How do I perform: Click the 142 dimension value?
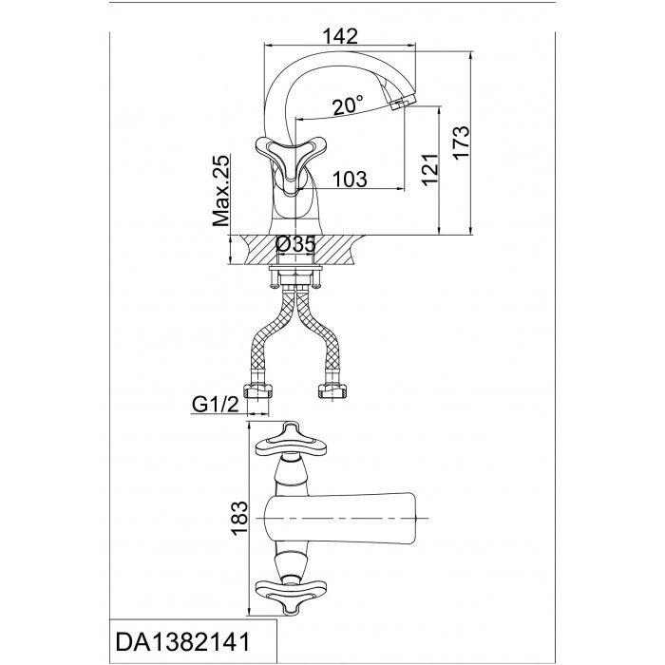340,36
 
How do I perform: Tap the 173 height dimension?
462,142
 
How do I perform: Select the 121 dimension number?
430,169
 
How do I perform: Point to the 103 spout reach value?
350,179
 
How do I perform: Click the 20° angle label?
348,105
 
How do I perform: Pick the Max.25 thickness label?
220,190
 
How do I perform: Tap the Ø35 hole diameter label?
295,245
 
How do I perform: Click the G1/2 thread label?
215,405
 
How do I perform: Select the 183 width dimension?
239,519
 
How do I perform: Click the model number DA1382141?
183,642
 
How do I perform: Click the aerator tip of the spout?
402,104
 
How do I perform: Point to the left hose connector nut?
257,390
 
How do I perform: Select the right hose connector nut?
332,390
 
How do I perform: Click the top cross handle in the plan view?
290,441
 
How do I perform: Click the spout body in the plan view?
338,518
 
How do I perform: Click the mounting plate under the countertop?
295,268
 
